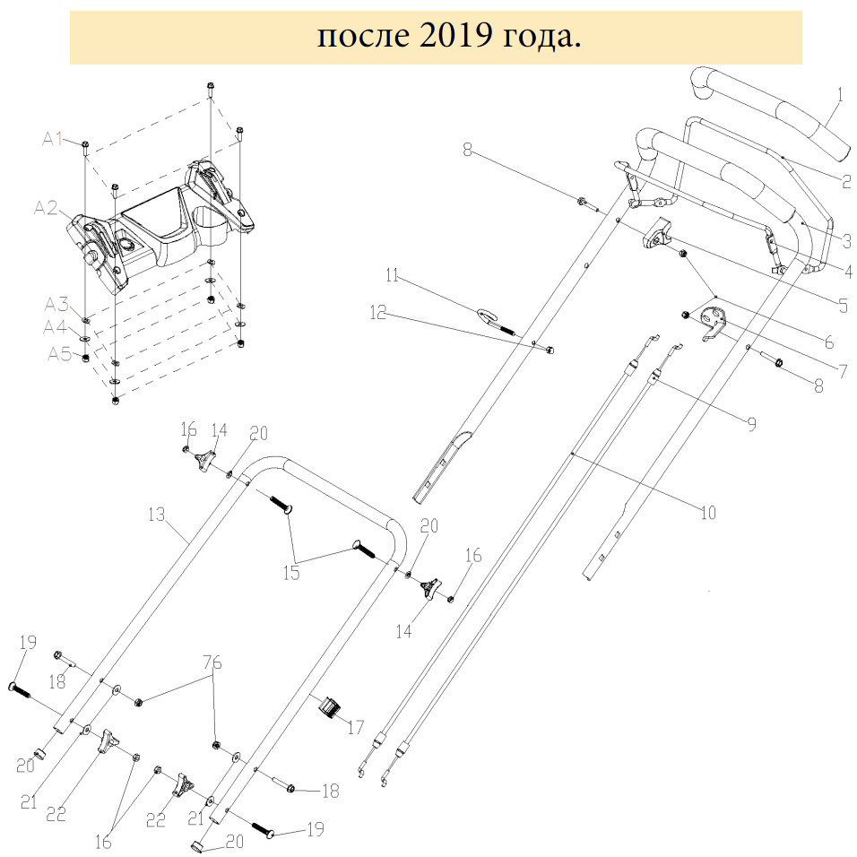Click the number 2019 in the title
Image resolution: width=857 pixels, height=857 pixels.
tap(451, 37)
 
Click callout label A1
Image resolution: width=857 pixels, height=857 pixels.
tap(53, 139)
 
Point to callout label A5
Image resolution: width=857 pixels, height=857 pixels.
tap(60, 354)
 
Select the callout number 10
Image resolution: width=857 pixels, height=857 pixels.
tap(708, 513)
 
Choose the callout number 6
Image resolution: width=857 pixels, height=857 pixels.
tap(827, 342)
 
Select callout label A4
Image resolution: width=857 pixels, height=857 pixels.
tap(56, 327)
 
